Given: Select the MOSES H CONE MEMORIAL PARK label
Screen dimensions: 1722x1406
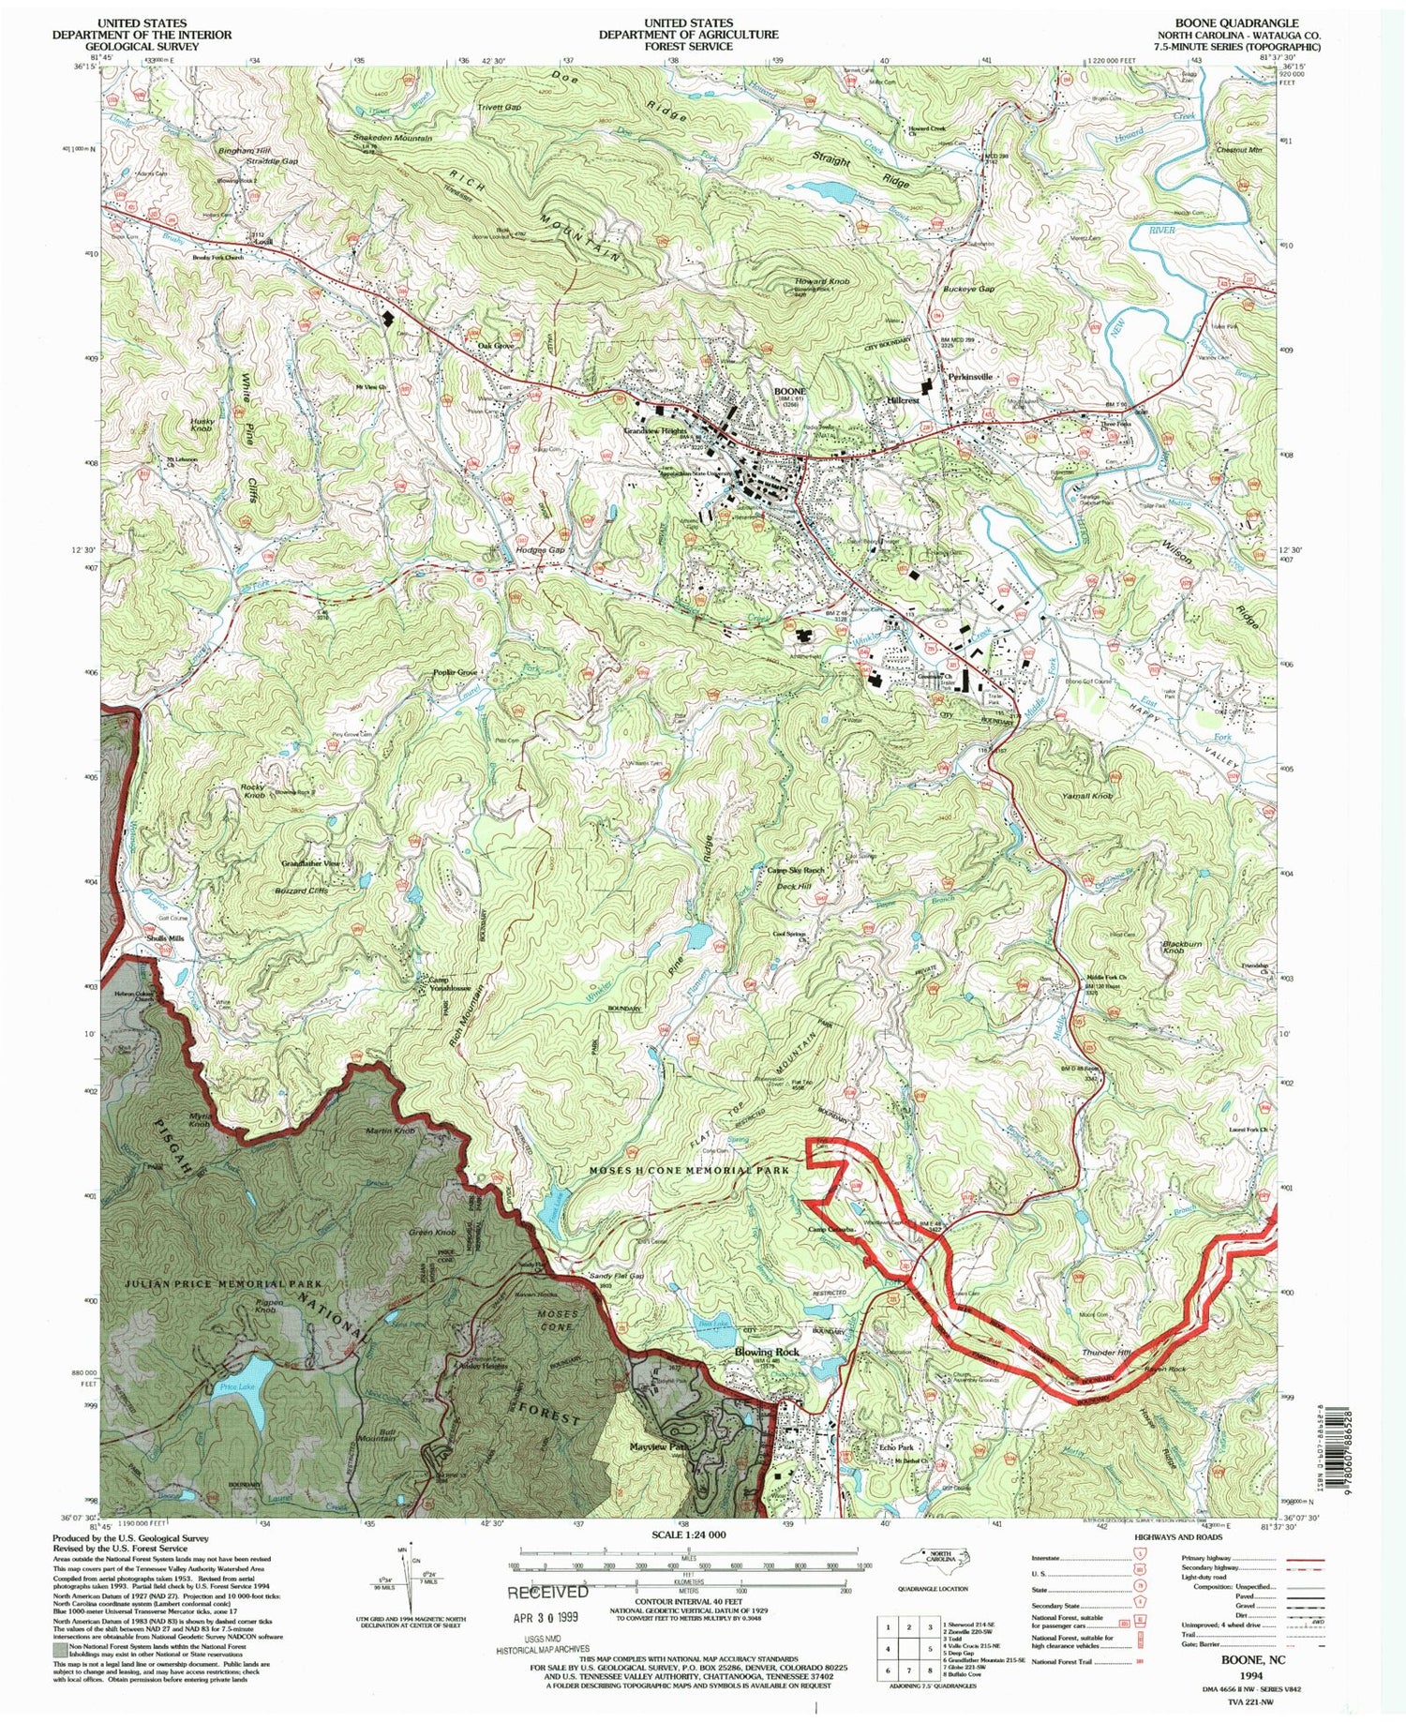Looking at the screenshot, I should click(690, 1171).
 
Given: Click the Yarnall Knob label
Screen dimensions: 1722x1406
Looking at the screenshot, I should click(1087, 796).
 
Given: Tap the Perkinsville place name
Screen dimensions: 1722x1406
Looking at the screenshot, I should click(970, 377).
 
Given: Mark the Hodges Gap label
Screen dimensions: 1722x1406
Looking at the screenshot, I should click(541, 550).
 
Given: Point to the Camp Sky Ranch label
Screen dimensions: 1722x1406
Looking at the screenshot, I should click(795, 870).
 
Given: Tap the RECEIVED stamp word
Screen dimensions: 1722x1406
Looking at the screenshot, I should click(548, 1592).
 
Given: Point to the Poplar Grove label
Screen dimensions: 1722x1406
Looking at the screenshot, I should click(456, 672).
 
